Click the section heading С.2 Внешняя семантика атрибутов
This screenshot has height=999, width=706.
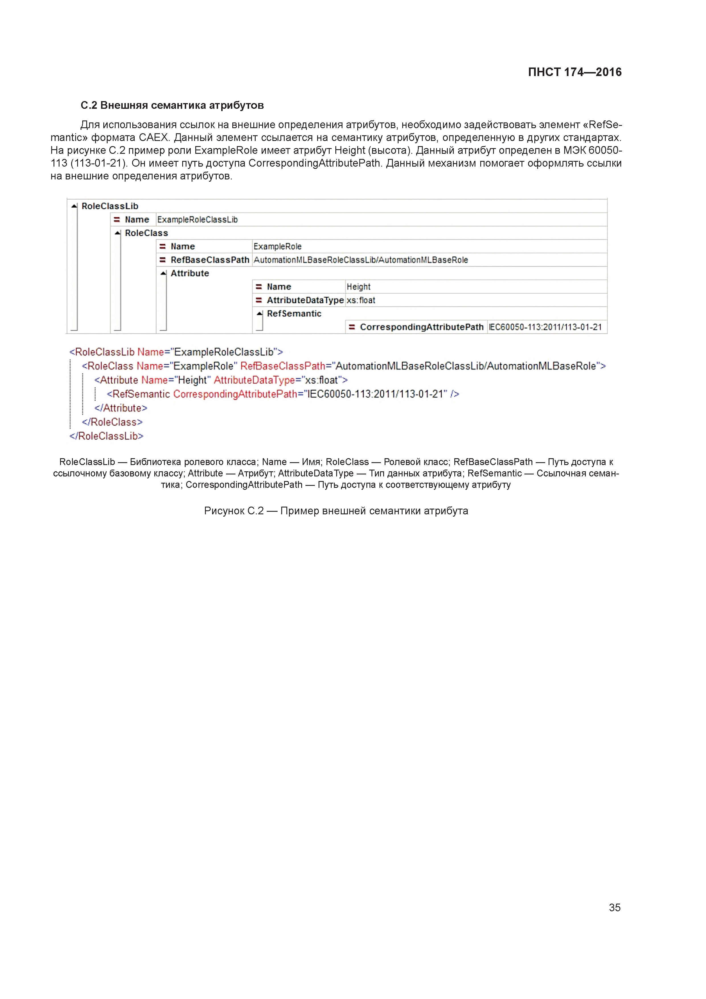tap(172, 105)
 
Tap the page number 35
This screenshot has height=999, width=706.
tap(614, 907)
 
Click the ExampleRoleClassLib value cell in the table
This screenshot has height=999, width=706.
tap(198, 220)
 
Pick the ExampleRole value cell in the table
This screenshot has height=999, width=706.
tap(278, 247)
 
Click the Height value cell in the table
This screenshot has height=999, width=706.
tap(358, 287)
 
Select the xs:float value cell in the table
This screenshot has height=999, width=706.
tap(361, 300)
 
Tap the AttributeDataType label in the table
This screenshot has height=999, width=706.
tap(305, 300)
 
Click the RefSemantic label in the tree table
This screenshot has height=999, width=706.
tap(294, 314)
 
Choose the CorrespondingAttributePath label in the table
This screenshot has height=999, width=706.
tap(422, 327)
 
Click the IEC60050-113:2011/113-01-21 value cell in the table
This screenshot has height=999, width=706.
tap(545, 327)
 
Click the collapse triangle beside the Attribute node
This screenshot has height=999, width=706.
tap(163, 274)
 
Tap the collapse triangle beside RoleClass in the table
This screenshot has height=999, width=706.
tap(118, 233)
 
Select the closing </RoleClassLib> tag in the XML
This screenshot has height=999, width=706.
tap(106, 436)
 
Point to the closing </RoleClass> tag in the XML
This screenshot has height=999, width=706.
tap(112, 422)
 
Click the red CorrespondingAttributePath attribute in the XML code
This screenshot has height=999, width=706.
tap(235, 394)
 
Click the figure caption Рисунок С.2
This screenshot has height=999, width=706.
tap(336, 511)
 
